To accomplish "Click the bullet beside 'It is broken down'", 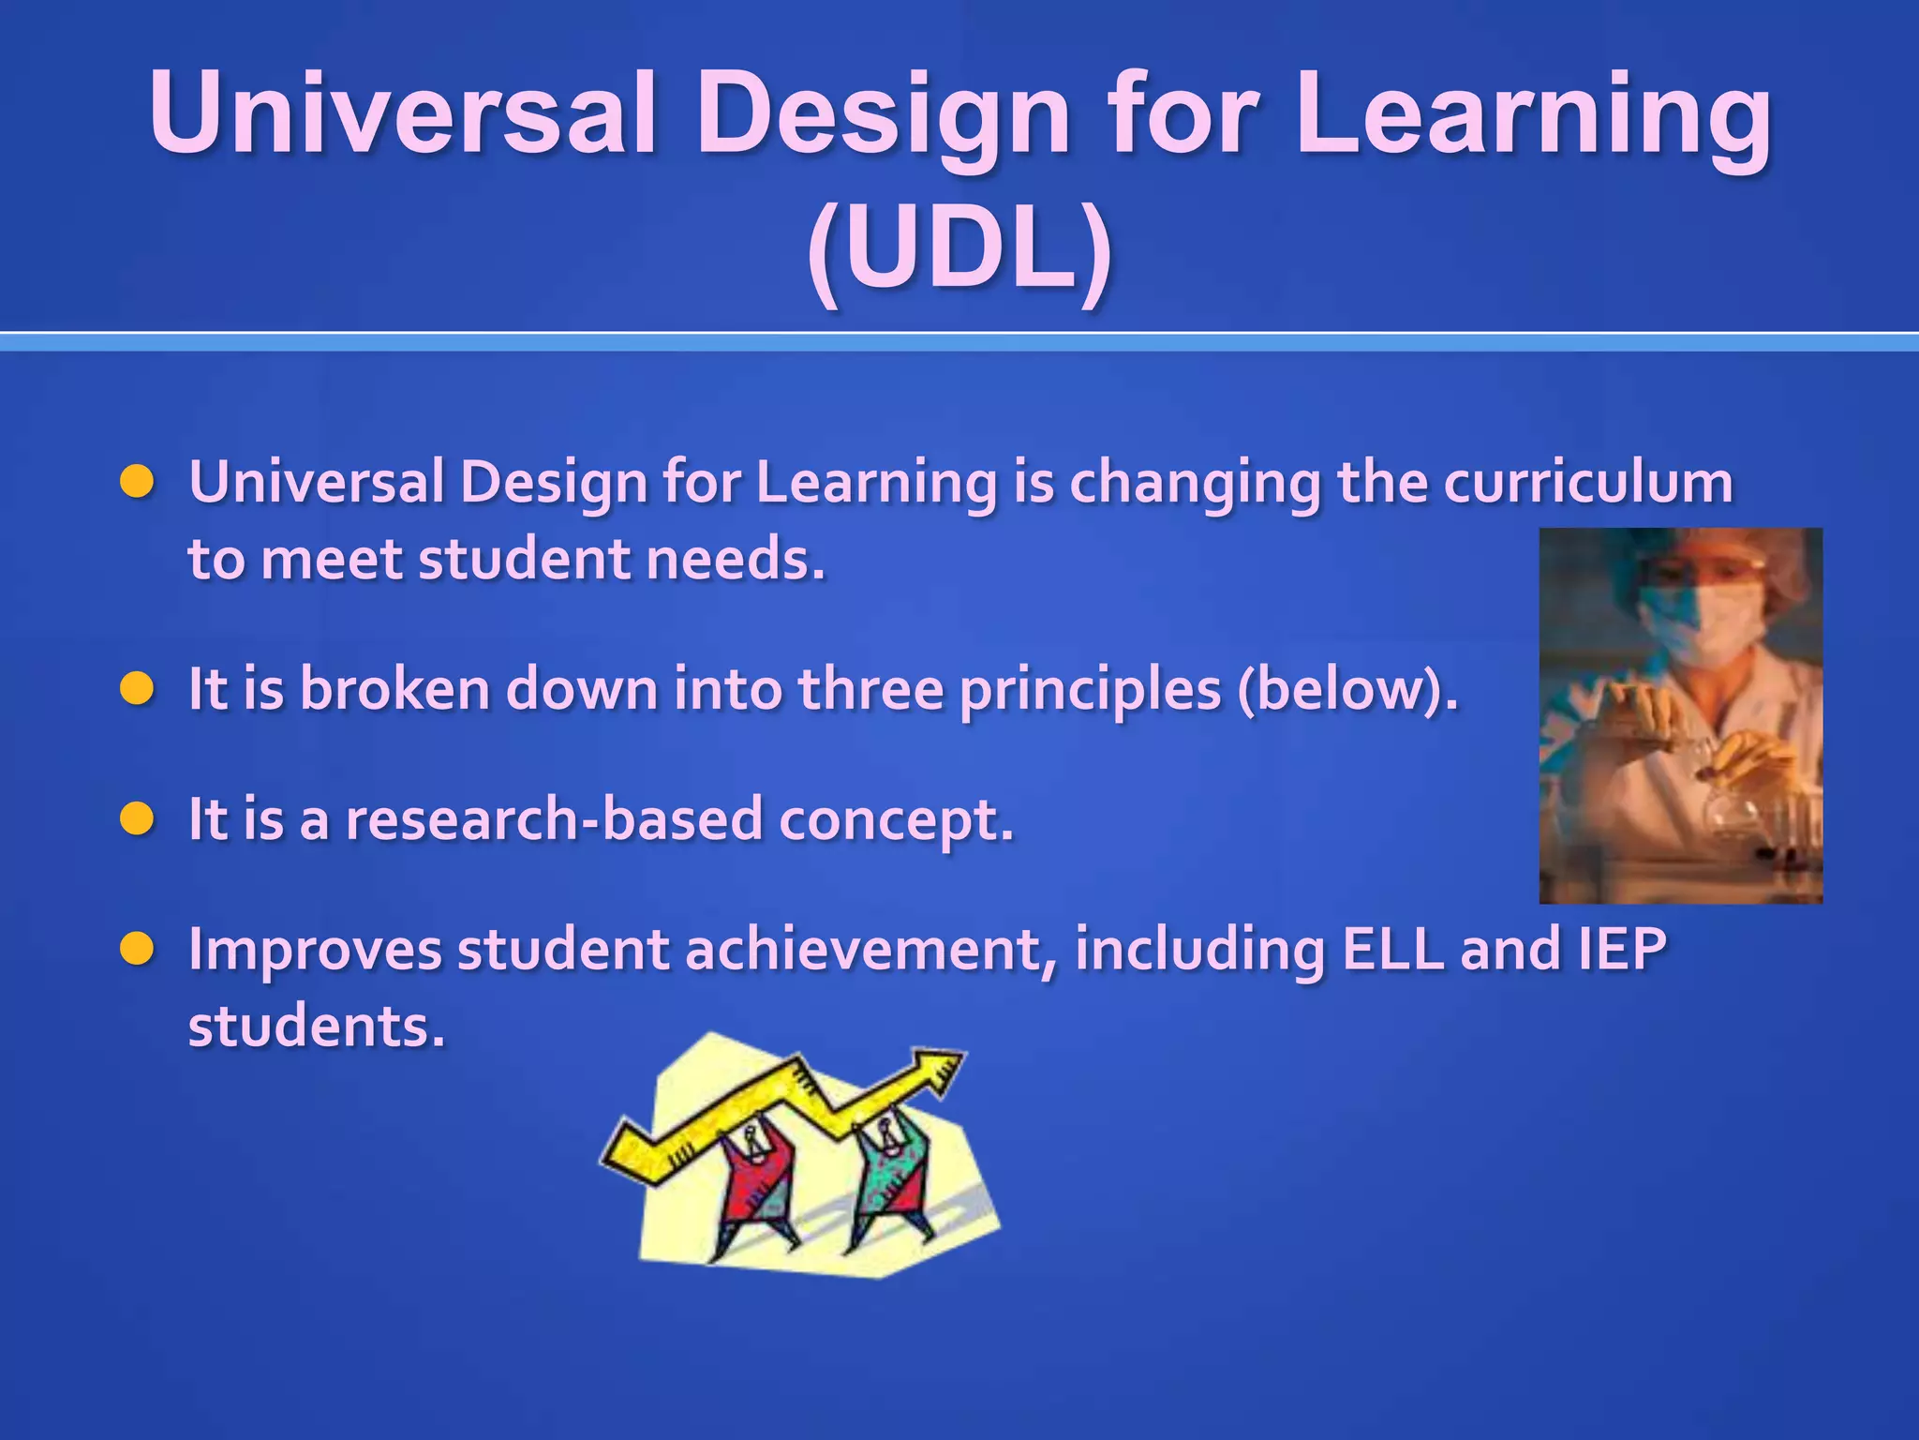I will pyautogui.click(x=137, y=689).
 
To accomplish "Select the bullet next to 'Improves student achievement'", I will pyautogui.click(x=137, y=949).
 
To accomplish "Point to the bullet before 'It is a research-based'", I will pyautogui.click(x=137, y=819).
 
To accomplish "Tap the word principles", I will pyautogui.click(x=1090, y=691).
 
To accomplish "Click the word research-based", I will pyautogui.click(x=555, y=819).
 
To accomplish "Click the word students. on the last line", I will pyautogui.click(x=316, y=1027).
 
